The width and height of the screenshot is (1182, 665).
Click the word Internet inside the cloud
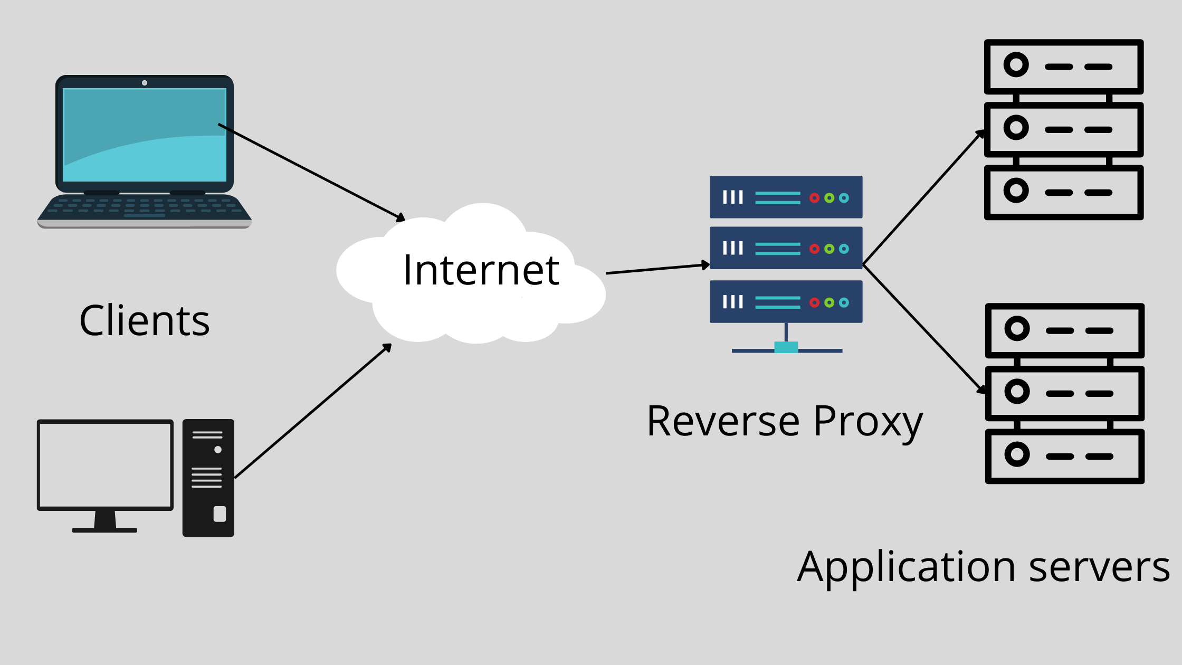481,270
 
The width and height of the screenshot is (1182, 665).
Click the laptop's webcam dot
145,83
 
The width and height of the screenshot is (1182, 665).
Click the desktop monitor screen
105,465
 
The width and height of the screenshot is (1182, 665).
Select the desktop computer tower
208,478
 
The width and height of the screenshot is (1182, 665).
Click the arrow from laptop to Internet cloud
311,172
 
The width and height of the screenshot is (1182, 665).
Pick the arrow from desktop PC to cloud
313,411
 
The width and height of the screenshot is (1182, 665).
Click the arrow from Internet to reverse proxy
658,269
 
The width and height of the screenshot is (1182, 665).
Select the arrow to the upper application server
924,197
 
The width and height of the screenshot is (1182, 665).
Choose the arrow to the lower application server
924,329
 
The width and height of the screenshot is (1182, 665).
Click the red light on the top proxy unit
814,198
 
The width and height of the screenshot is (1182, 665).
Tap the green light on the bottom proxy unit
830,302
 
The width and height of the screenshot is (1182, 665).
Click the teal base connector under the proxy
786,347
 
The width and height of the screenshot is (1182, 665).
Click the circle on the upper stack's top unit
1016,65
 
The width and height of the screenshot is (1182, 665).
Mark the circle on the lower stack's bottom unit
1017,454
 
